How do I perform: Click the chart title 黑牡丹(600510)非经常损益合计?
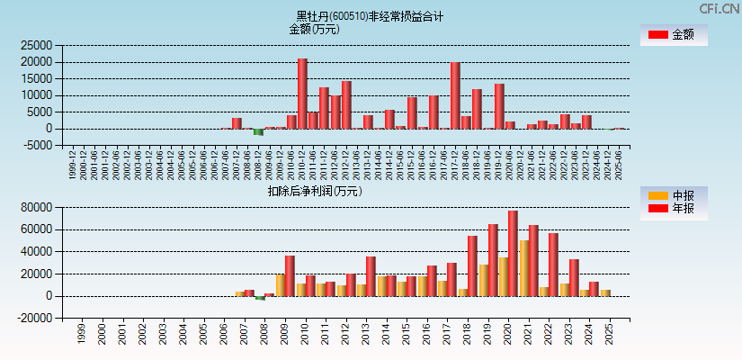click(x=370, y=16)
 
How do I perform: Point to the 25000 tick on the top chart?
click(x=36, y=45)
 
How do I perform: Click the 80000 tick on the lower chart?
click(x=36, y=208)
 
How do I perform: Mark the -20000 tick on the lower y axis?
click(x=34, y=319)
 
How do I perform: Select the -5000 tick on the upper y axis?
click(x=38, y=146)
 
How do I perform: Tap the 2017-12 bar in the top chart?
click(x=455, y=95)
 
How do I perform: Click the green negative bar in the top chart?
click(x=258, y=131)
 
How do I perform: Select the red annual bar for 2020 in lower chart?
click(x=513, y=253)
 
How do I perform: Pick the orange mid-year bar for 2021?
click(x=523, y=268)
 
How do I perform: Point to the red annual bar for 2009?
click(x=290, y=275)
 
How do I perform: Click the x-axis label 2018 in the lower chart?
click(x=467, y=335)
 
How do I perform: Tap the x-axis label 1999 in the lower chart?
click(x=81, y=335)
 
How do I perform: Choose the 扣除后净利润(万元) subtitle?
click(x=314, y=191)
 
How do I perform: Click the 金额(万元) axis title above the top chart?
click(x=314, y=29)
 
